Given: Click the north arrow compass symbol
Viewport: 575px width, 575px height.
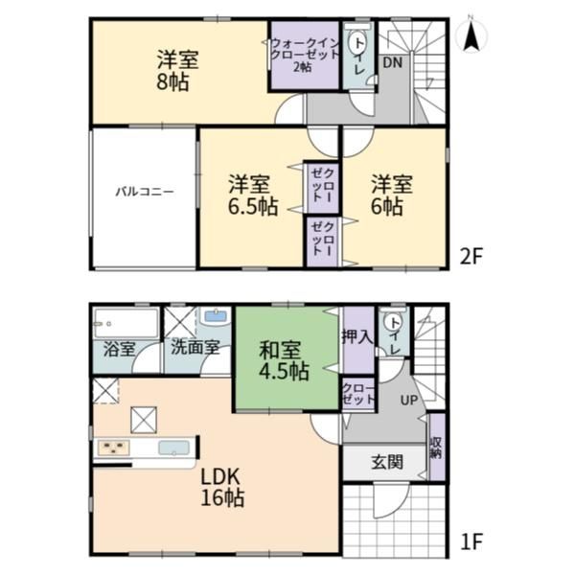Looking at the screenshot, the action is point(471,34).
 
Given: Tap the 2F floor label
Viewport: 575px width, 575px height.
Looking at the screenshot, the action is point(471,256).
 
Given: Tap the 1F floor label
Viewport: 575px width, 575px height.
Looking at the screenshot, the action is point(471,541).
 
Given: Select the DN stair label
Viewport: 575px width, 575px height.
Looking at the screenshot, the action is point(393,62).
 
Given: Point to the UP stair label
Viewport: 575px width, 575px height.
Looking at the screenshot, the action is point(409,400).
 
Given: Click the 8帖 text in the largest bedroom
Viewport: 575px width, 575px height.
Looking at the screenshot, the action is point(172,82).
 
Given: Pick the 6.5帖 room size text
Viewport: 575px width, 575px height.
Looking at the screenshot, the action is point(253,207).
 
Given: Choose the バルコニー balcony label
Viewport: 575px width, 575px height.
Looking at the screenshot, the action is point(145,192).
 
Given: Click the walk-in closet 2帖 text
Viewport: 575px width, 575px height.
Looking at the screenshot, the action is point(303,67).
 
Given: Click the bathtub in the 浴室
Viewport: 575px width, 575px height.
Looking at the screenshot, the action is point(126,324).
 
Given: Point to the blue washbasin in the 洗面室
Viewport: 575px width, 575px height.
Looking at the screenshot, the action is point(216,316).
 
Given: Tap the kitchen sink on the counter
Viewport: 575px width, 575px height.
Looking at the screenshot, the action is point(173,448).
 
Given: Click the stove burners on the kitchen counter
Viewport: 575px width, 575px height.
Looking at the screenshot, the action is point(113,448).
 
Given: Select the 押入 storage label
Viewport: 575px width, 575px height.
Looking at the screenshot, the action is point(357,336).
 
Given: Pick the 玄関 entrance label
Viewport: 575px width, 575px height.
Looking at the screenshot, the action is point(387,462).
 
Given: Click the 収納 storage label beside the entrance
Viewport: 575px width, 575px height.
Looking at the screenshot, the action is point(436,448).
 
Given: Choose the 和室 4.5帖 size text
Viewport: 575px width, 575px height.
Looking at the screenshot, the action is point(284,372).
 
